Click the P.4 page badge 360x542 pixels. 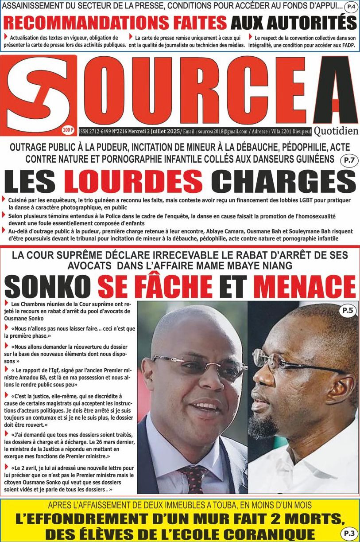[350, 7]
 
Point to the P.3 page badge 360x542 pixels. [348, 534]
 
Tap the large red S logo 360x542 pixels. [37, 94]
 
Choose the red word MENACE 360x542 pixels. [305, 287]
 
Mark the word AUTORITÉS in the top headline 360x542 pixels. [294, 23]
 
